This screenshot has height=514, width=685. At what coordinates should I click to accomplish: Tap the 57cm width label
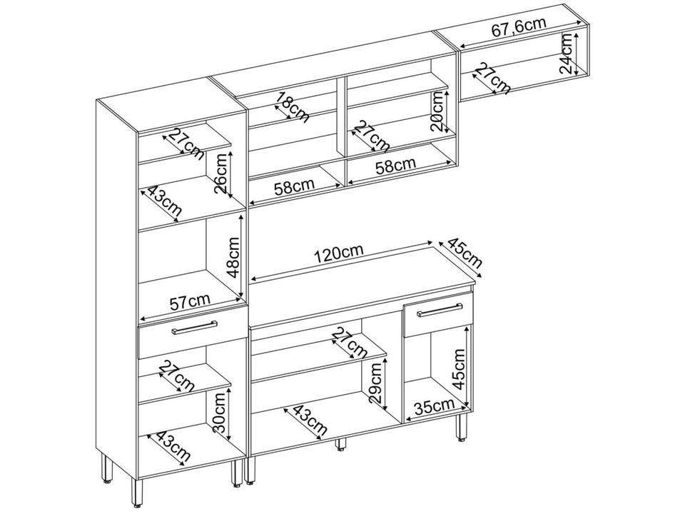[190, 301]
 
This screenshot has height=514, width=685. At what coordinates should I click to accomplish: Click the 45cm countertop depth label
[465, 253]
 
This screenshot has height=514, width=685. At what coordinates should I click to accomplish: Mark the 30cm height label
[220, 413]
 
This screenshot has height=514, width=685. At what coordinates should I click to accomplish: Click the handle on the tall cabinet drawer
[195, 328]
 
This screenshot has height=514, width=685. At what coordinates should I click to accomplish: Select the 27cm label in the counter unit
[350, 343]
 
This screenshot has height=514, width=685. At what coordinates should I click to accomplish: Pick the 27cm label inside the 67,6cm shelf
[492, 79]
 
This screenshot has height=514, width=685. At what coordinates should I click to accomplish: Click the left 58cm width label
[295, 186]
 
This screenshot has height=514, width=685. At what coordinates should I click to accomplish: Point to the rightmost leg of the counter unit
[461, 428]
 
